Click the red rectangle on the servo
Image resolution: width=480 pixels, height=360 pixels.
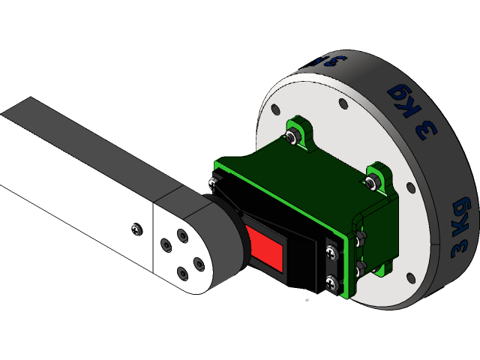point(267,249)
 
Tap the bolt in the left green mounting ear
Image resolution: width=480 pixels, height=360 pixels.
point(290,136)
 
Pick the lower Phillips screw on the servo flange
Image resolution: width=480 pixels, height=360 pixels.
point(331,282)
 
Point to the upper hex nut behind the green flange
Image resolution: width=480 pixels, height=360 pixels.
point(361,239)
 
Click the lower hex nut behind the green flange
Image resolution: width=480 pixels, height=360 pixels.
point(361,266)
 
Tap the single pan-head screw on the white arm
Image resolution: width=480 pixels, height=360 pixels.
point(135,227)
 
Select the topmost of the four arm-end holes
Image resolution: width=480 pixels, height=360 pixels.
point(182,235)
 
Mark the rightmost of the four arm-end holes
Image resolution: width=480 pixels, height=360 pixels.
point(198,262)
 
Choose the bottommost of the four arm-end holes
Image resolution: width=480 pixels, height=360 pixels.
point(181,271)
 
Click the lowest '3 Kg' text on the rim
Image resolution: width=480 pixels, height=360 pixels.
point(461,229)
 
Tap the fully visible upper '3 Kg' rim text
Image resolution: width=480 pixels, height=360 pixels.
point(412,110)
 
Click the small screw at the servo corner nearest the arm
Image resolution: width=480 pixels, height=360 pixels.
point(213,182)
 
